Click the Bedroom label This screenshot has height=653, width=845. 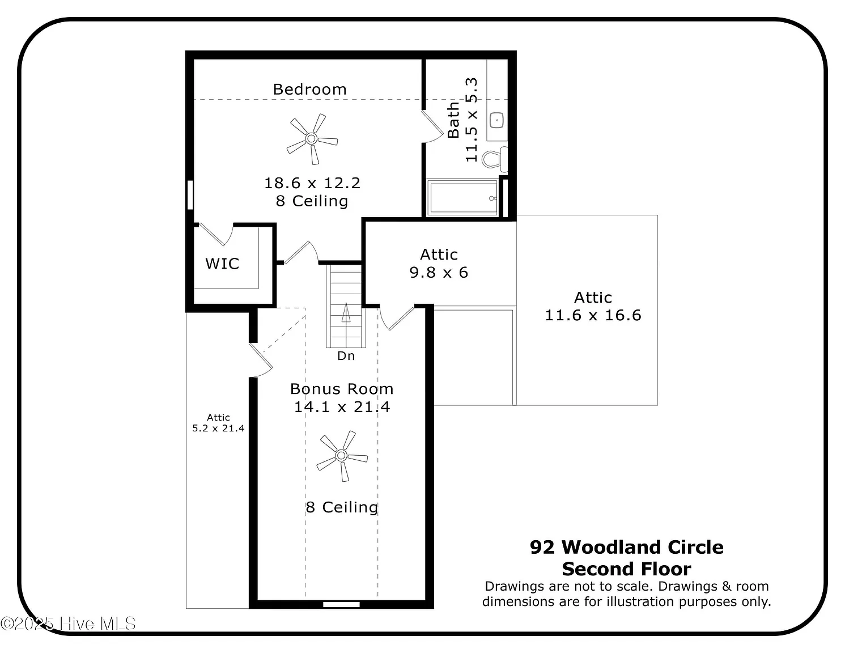coord(309,90)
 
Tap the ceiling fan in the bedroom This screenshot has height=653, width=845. coord(312,138)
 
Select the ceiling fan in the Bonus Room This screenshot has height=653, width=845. coord(341,455)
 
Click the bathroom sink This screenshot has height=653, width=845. coord(497,120)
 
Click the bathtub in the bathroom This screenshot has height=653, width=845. coord(462,198)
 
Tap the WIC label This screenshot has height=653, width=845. coord(222,264)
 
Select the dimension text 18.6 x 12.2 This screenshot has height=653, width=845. coord(312,183)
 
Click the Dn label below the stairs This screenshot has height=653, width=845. coord(346,356)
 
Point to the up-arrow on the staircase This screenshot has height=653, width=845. coord(346,313)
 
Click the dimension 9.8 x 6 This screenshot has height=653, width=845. coord(439,272)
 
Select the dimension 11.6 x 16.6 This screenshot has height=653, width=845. coord(593,315)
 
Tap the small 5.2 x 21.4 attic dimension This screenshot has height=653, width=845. coord(218,428)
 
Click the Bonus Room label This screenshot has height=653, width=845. coord(342,389)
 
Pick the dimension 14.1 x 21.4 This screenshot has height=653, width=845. coord(342,407)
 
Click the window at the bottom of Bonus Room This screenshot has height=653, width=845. coord(341,604)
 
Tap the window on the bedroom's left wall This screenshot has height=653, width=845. coord(190,195)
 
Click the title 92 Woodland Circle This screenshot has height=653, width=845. coord(626,547)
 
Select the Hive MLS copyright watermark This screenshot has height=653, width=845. coord(68,624)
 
